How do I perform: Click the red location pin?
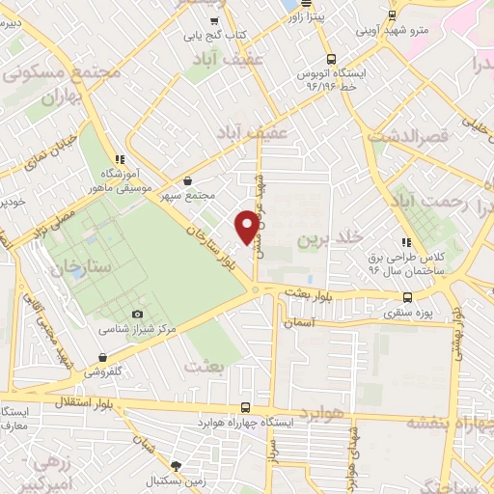(248, 226)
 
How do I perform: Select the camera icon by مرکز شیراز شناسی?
(137, 315)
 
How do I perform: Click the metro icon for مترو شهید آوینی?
(392, 14)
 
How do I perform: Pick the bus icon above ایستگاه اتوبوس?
(330, 58)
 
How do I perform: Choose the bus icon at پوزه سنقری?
(407, 297)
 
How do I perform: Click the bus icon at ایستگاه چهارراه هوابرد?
(245, 407)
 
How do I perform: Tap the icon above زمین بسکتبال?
(176, 465)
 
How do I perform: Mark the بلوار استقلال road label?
(135, 398)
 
